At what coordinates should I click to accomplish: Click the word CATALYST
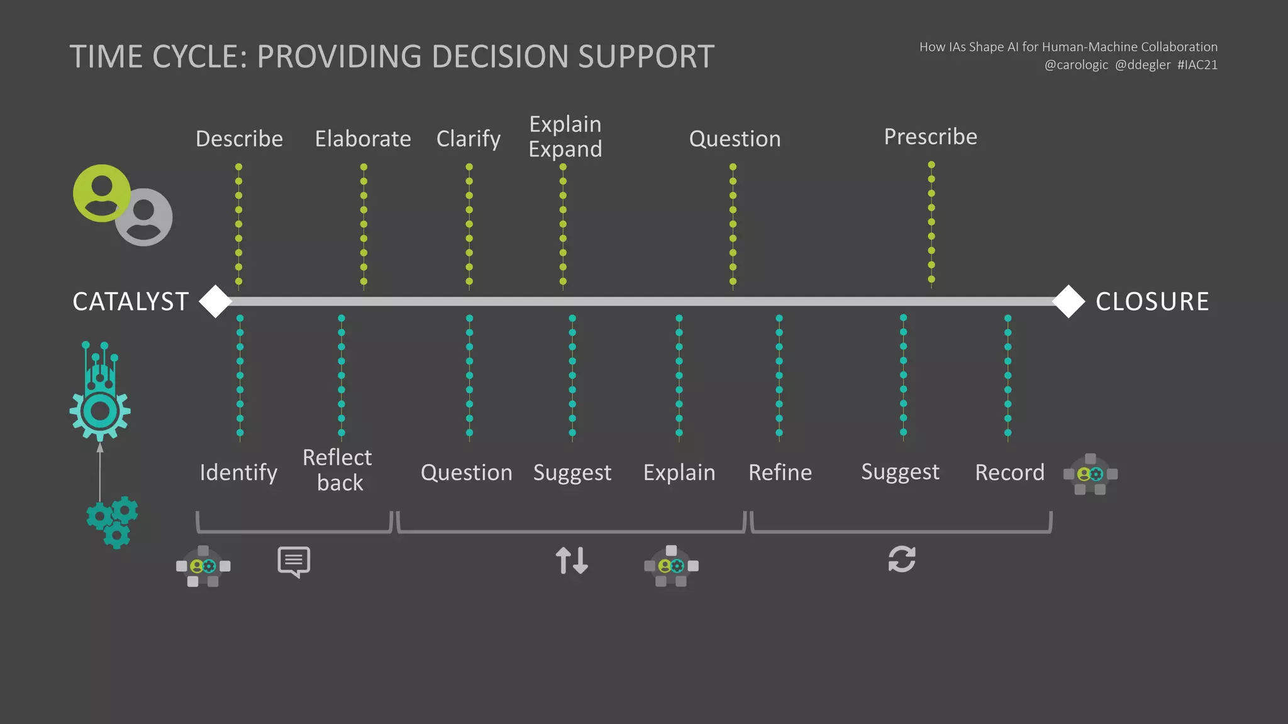[x=131, y=302]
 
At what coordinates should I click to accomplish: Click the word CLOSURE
[x=1152, y=302]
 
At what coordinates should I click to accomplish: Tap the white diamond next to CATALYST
[x=216, y=302]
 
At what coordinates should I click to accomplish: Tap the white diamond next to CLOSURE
[x=1069, y=302]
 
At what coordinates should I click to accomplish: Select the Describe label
[x=239, y=139]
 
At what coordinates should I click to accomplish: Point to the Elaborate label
[x=363, y=139]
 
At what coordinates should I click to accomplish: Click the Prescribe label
[x=931, y=137]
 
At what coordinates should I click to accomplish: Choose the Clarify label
[x=469, y=139]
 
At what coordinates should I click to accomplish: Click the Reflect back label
[x=338, y=470]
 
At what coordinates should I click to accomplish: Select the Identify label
[x=238, y=473]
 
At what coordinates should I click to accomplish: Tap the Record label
[x=1009, y=473]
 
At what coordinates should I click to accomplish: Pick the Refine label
[x=780, y=473]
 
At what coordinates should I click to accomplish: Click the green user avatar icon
[x=101, y=193]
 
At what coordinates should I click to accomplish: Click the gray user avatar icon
[x=145, y=217]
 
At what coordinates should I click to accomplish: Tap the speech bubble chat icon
[x=294, y=561]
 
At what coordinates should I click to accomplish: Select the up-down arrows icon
[x=572, y=561]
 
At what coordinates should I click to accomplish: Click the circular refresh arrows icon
[x=902, y=559]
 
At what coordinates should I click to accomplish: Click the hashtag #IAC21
[x=1197, y=65]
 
